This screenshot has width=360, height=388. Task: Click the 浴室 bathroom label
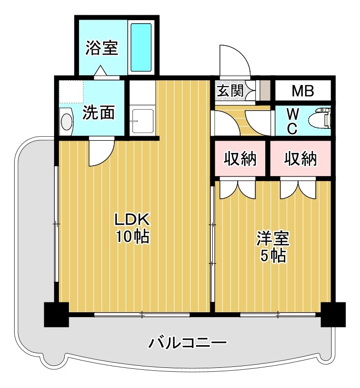102,48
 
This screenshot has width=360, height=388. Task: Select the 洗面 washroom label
98,113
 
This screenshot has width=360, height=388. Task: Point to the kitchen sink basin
142,119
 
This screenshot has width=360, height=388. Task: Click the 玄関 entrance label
229,91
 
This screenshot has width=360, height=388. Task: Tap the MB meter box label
303,91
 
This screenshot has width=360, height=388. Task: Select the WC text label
291,121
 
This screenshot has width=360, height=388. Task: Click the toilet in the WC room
320,119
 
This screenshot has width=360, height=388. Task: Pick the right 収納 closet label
301,159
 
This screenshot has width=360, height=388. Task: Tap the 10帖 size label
132,237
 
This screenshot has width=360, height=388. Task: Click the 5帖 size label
273,256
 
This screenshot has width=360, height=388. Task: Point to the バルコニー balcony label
188,342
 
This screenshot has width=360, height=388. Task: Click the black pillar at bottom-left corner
56,314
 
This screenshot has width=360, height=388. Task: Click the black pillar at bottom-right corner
333,314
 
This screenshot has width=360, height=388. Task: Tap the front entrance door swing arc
234,62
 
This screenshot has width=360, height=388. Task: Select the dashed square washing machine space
71,91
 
